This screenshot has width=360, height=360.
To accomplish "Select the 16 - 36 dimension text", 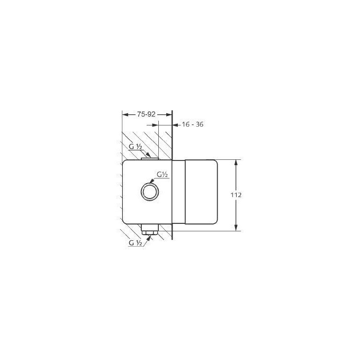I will tap(192, 124).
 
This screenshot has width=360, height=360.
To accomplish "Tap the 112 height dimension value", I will tap(236, 195).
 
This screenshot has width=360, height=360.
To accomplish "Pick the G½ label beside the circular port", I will tap(162, 174).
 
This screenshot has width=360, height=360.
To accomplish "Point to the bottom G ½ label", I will tap(136, 243).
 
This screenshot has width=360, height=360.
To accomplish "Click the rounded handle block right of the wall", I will tap(200, 195).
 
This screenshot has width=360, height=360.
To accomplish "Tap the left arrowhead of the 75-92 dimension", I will tap(124, 113).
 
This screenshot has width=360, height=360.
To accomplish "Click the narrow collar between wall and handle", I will tap(179, 195).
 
